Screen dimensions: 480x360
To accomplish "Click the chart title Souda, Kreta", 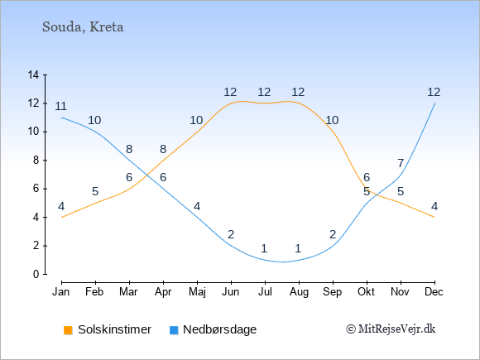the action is [83, 27].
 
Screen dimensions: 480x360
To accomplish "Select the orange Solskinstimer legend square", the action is [68, 330].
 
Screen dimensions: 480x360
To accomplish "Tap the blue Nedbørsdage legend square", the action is [174, 330].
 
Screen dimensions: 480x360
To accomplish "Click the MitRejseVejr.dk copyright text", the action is [391, 329].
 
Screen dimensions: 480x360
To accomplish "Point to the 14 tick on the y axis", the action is [33, 74].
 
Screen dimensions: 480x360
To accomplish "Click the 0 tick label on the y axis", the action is [36, 274].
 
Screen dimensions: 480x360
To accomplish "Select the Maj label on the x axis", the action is [197, 292].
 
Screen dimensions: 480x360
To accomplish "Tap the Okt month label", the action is [367, 292].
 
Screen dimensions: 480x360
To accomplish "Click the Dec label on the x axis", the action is [434, 292].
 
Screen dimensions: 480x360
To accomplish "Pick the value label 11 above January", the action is [61, 106].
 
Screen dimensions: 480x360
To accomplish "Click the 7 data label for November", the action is [401, 164].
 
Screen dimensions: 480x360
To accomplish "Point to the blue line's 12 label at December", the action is [434, 92].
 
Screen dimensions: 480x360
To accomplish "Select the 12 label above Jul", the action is [264, 92].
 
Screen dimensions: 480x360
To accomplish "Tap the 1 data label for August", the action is [298, 248].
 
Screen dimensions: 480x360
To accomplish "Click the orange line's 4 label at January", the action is [61, 206].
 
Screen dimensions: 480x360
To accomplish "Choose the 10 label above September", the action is [332, 120].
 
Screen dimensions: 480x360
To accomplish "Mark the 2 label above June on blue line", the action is [231, 234].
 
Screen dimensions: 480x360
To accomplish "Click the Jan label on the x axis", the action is [61, 292].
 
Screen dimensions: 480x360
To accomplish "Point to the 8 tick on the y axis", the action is [36, 160].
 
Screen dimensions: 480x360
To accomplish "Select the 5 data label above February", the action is [95, 192].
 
